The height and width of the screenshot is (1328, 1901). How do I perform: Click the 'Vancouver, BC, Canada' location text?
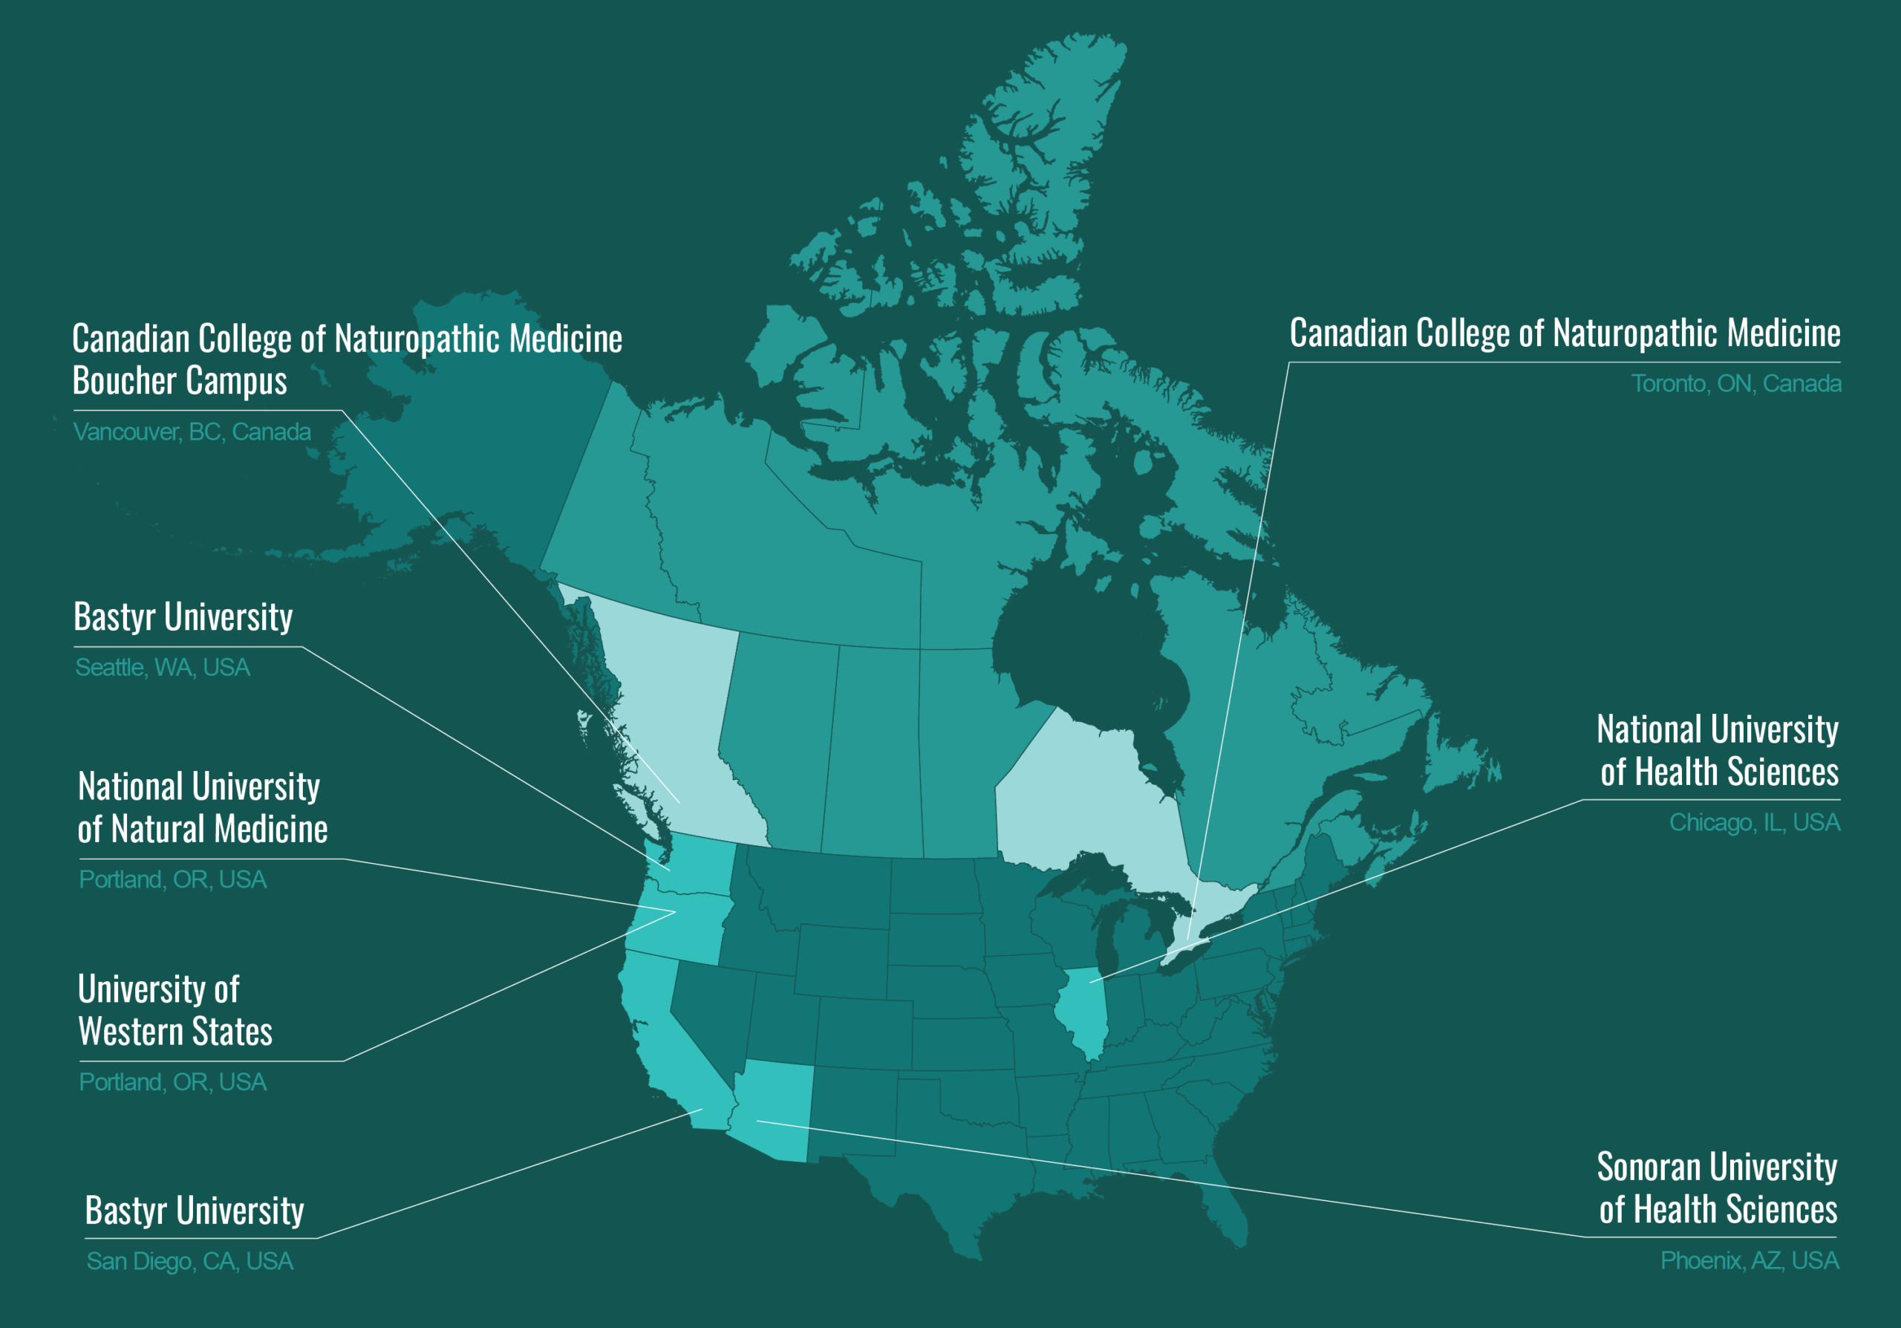192,432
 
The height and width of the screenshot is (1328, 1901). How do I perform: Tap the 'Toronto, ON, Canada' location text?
1735,384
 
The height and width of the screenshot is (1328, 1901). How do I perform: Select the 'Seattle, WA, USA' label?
163,667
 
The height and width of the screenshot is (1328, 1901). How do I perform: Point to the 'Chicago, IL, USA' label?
1754,823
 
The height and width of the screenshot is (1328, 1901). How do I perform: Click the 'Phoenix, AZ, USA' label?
1749,1260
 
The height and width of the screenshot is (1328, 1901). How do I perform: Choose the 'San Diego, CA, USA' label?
189,1261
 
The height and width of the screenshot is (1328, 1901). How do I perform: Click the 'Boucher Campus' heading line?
180,381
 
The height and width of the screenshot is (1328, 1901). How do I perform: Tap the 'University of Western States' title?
175,1010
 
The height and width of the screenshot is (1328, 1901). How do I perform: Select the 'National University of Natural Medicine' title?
202,807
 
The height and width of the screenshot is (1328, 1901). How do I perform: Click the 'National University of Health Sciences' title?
1718,751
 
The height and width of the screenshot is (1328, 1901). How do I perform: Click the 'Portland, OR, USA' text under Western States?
172,1082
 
